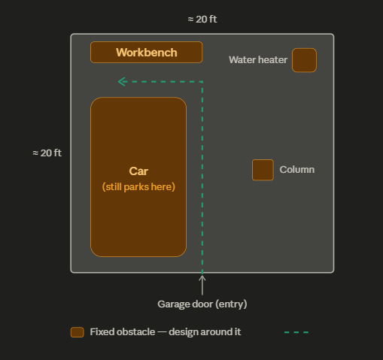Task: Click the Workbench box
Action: pos(146,52)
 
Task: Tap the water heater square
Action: pos(304,60)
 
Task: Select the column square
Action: pos(263,170)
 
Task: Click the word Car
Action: pos(138,171)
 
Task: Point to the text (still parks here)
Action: pos(138,187)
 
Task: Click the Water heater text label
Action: pos(258,60)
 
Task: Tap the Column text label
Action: pos(297,170)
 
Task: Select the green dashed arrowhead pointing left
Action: pos(122,82)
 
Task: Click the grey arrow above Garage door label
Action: pos(202,285)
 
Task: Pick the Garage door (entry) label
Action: pos(202,304)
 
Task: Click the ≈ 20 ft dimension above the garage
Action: pos(202,20)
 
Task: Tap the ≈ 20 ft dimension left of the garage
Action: pos(47,153)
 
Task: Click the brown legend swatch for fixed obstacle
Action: pos(78,332)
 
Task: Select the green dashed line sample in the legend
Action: pos(296,332)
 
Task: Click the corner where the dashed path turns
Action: pos(202,82)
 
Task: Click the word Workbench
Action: pos(147,53)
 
